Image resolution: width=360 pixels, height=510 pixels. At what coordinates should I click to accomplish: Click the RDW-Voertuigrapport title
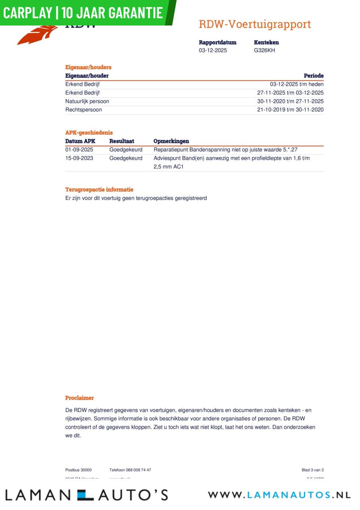point(254,24)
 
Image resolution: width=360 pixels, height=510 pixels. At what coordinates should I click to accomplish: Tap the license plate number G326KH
point(264,51)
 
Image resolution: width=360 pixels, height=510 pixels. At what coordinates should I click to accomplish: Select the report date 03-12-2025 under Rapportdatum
point(213,51)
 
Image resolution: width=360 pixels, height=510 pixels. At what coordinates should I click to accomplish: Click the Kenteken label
point(266,42)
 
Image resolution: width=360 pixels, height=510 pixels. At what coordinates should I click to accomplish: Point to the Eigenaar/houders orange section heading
point(88,67)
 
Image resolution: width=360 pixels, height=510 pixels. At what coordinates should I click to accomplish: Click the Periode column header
point(313,76)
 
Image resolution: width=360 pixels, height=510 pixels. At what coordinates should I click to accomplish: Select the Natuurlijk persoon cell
point(87,101)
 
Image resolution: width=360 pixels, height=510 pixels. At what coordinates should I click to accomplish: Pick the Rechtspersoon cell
point(84,110)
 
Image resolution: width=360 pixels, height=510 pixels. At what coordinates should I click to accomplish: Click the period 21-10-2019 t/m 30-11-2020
point(290,110)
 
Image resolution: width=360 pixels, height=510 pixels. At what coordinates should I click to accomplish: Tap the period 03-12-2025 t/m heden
point(297,84)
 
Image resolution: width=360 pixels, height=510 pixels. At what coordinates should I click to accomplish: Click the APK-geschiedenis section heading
point(89,133)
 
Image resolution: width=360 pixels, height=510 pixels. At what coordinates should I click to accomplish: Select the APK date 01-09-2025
point(79,150)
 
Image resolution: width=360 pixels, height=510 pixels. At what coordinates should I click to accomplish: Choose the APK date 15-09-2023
point(79,158)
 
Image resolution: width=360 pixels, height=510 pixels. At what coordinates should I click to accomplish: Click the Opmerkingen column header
point(171,141)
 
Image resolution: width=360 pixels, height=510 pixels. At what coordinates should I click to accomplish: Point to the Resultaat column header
point(122,141)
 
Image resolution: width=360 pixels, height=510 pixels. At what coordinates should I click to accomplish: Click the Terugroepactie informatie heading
point(99,190)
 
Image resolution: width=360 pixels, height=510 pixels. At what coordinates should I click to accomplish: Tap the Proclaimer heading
point(80,398)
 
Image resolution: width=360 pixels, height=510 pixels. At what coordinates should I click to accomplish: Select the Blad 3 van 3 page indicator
point(313,470)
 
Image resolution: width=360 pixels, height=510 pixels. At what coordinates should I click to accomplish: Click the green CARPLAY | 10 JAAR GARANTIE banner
point(84,12)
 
